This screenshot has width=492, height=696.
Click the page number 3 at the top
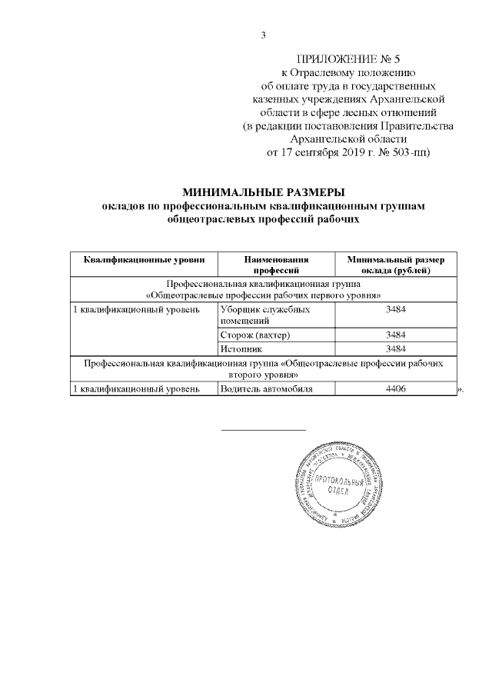263,35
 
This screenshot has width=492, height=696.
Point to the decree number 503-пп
407,152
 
